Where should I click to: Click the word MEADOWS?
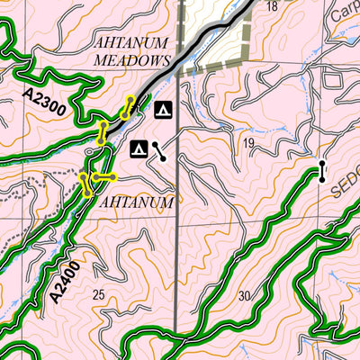pos(132,60)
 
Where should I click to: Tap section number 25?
pos(99,295)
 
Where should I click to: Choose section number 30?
pos(244,297)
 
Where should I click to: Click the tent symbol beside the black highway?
pos(163,111)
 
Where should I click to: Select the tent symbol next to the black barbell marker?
pos(139,148)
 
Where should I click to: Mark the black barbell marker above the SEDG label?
pos(321,171)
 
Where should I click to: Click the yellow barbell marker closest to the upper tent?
pos(130,106)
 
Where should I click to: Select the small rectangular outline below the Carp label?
pos(333,78)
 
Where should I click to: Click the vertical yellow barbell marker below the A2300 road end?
pos(102,132)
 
